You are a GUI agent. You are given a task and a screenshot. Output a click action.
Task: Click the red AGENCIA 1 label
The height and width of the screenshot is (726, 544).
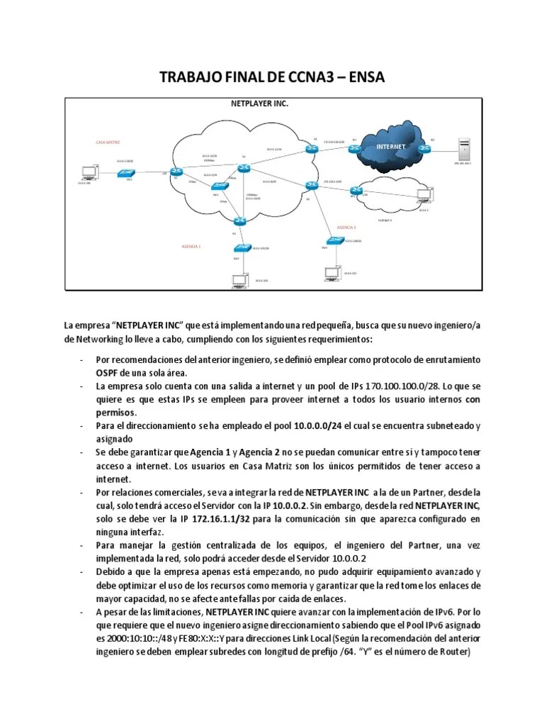tap(191, 246)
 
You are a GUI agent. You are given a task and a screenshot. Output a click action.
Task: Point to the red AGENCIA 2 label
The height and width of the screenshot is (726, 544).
tap(346, 228)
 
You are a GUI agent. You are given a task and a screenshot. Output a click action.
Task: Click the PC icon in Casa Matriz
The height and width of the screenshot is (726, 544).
tap(90, 172)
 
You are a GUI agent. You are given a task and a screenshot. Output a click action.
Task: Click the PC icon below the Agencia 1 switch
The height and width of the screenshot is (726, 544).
tap(237, 281)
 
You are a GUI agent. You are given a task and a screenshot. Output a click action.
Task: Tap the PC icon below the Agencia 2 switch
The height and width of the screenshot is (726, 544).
tap(330, 272)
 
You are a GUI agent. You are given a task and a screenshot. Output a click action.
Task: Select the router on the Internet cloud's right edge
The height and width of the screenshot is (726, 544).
tap(424, 148)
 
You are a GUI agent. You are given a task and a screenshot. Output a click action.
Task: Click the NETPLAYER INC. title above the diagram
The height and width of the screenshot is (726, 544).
tap(260, 104)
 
